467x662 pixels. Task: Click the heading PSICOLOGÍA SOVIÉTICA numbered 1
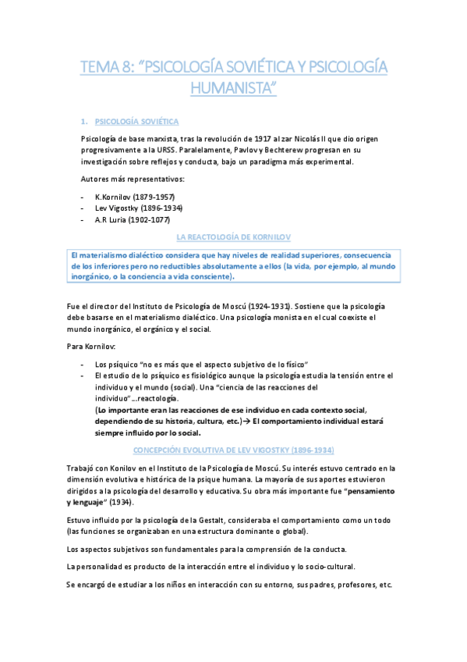[136, 122]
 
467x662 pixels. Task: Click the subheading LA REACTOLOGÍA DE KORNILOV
[233, 237]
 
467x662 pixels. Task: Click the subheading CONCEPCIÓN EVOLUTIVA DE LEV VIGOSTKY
[233, 450]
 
